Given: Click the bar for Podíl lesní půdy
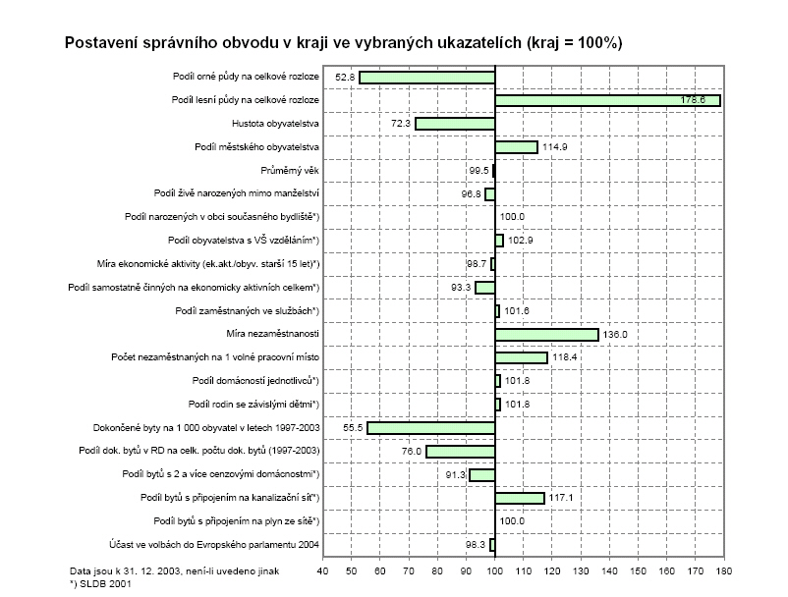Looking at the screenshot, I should pyautogui.click(x=607, y=100).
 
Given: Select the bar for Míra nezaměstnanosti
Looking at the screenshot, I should pyautogui.click(x=546, y=334).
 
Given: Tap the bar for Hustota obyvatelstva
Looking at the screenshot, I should pyautogui.click(x=455, y=124).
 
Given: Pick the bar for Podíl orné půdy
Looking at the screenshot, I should pyautogui.click(x=427, y=77).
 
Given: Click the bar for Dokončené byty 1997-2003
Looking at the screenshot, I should pyautogui.click(x=431, y=428).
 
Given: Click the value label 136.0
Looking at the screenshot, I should pyautogui.click(x=616, y=334).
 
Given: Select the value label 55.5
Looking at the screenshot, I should pyautogui.click(x=353, y=428).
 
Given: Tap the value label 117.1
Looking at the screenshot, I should pyautogui.click(x=561, y=498).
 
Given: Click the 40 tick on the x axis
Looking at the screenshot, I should pyautogui.click(x=322, y=570).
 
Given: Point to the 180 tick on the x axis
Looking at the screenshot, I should pyautogui.click(x=724, y=570).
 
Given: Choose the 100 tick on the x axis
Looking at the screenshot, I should pyautogui.click(x=494, y=570).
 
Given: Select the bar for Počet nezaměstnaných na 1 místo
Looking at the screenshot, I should pyautogui.click(x=521, y=357).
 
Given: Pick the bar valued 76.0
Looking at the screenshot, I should pyautogui.click(x=460, y=451).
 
